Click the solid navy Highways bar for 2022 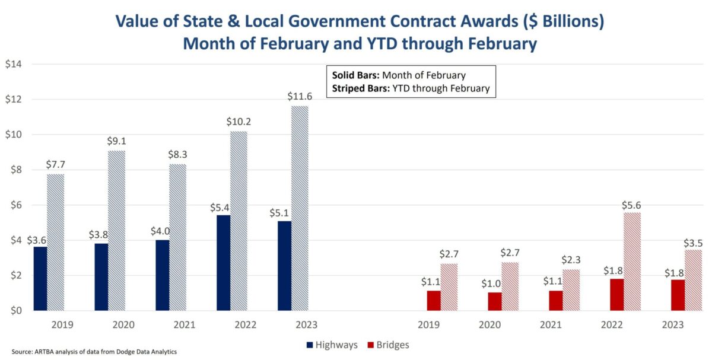[x=224, y=262]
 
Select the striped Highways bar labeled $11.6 [x=300, y=208]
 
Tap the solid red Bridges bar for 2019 [x=434, y=300]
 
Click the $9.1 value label [x=117, y=142]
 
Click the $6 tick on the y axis [x=14, y=205]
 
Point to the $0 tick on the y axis [x=14, y=311]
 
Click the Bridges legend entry [x=388, y=345]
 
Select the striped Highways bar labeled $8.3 [x=177, y=237]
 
